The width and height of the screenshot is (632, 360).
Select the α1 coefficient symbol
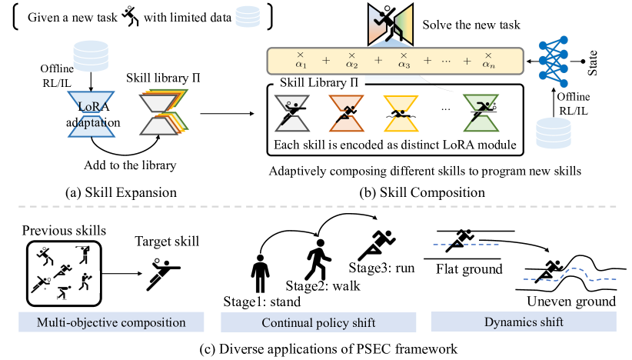click(x=301, y=61)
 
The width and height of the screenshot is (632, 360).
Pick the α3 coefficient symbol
click(x=403, y=61)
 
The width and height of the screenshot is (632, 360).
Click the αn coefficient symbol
click(x=488, y=61)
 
